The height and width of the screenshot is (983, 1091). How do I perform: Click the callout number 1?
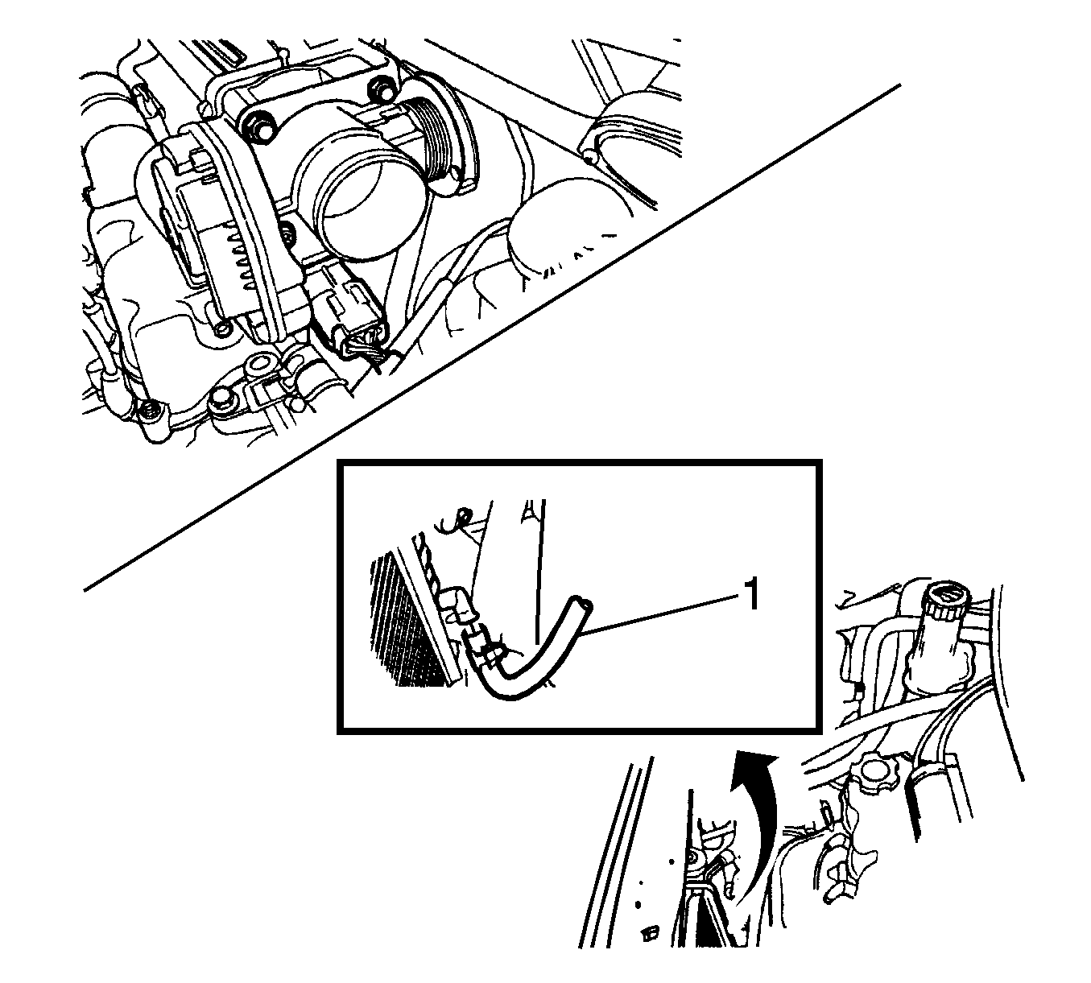click(751, 596)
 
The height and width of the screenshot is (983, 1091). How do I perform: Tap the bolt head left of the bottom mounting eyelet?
click(221, 400)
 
